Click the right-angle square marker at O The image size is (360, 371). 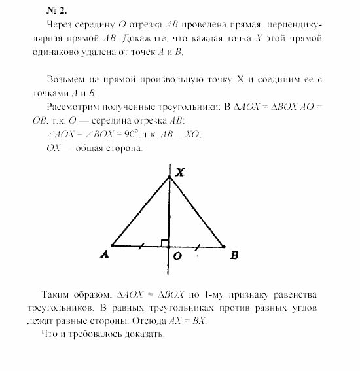pyautogui.click(x=165, y=243)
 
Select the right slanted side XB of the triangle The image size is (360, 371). pyautogui.click(x=196, y=212)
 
